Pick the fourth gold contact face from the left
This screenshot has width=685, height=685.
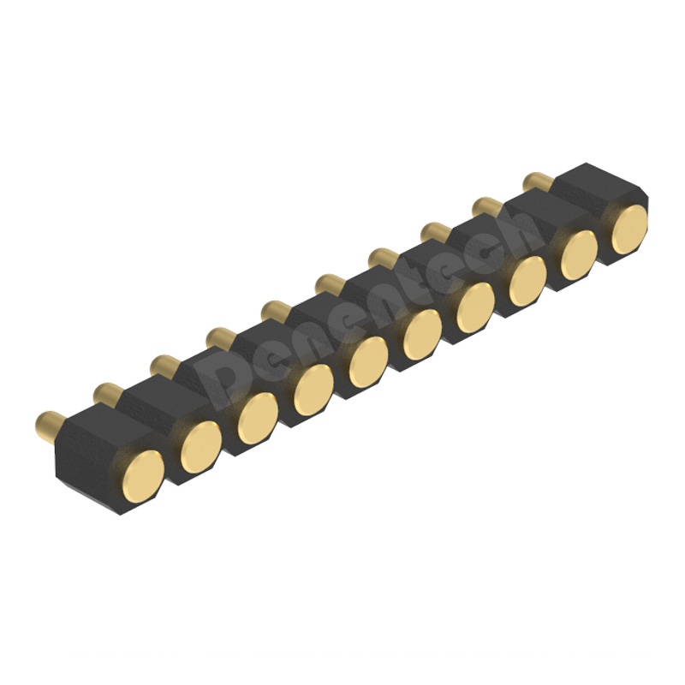(x=313, y=390)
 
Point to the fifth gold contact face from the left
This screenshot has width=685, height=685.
(x=368, y=361)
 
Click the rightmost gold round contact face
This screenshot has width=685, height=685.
(x=629, y=229)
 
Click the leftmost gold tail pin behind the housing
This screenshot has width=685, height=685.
(x=49, y=422)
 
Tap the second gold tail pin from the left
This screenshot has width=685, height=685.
(x=107, y=394)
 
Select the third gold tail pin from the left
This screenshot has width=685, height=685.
(x=163, y=366)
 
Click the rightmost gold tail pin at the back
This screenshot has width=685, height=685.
(x=538, y=181)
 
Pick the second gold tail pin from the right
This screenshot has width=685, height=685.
(x=486, y=205)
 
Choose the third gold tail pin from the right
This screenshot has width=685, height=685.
(x=435, y=231)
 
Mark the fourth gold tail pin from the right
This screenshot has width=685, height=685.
(x=382, y=257)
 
